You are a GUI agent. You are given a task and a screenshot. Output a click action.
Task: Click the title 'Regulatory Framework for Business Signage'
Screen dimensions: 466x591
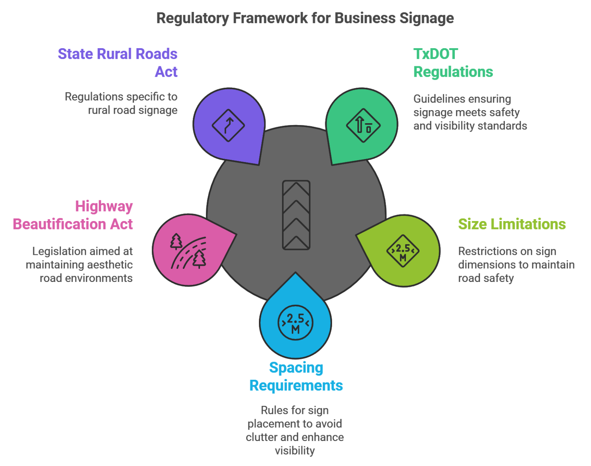(x=305, y=18)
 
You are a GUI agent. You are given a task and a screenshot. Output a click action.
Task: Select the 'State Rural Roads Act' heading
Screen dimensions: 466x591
(x=118, y=63)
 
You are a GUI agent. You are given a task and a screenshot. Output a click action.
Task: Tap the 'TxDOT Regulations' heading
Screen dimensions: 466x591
(x=453, y=63)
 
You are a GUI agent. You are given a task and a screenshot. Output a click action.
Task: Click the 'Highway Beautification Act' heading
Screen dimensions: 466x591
(x=73, y=215)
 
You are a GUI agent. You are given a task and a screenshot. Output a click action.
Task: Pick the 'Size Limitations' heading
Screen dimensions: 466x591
(x=512, y=224)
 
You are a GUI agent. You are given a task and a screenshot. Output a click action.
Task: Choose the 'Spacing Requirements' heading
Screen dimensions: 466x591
(x=296, y=376)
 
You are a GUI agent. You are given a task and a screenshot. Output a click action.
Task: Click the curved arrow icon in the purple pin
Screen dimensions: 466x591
(x=229, y=125)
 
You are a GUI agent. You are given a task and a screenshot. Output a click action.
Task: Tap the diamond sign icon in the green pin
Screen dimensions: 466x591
(x=363, y=125)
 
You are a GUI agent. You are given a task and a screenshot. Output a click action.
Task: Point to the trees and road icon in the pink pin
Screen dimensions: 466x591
(x=189, y=251)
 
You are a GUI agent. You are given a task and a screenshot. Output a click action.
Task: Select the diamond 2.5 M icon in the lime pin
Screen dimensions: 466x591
(x=403, y=251)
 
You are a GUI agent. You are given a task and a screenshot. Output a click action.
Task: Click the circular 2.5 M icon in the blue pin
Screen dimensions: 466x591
(x=295, y=323)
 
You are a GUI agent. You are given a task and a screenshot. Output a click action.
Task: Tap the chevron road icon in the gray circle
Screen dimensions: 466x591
(x=296, y=215)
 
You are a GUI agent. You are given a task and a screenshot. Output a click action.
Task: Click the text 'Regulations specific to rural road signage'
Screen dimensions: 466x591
(x=121, y=103)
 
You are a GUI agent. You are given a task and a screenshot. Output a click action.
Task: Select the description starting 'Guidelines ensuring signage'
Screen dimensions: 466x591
(x=470, y=112)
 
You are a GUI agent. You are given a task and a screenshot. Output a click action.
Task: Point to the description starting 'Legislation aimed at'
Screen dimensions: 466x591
(x=80, y=265)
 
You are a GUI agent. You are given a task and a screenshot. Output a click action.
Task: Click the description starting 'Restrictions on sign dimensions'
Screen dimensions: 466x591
(x=516, y=265)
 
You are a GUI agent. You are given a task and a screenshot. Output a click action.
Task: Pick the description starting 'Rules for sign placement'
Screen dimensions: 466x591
(x=295, y=430)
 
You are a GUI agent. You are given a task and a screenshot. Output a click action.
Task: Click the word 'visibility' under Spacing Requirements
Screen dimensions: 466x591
(x=295, y=451)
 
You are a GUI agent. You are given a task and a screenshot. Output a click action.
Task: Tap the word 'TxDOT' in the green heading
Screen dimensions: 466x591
(x=436, y=54)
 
